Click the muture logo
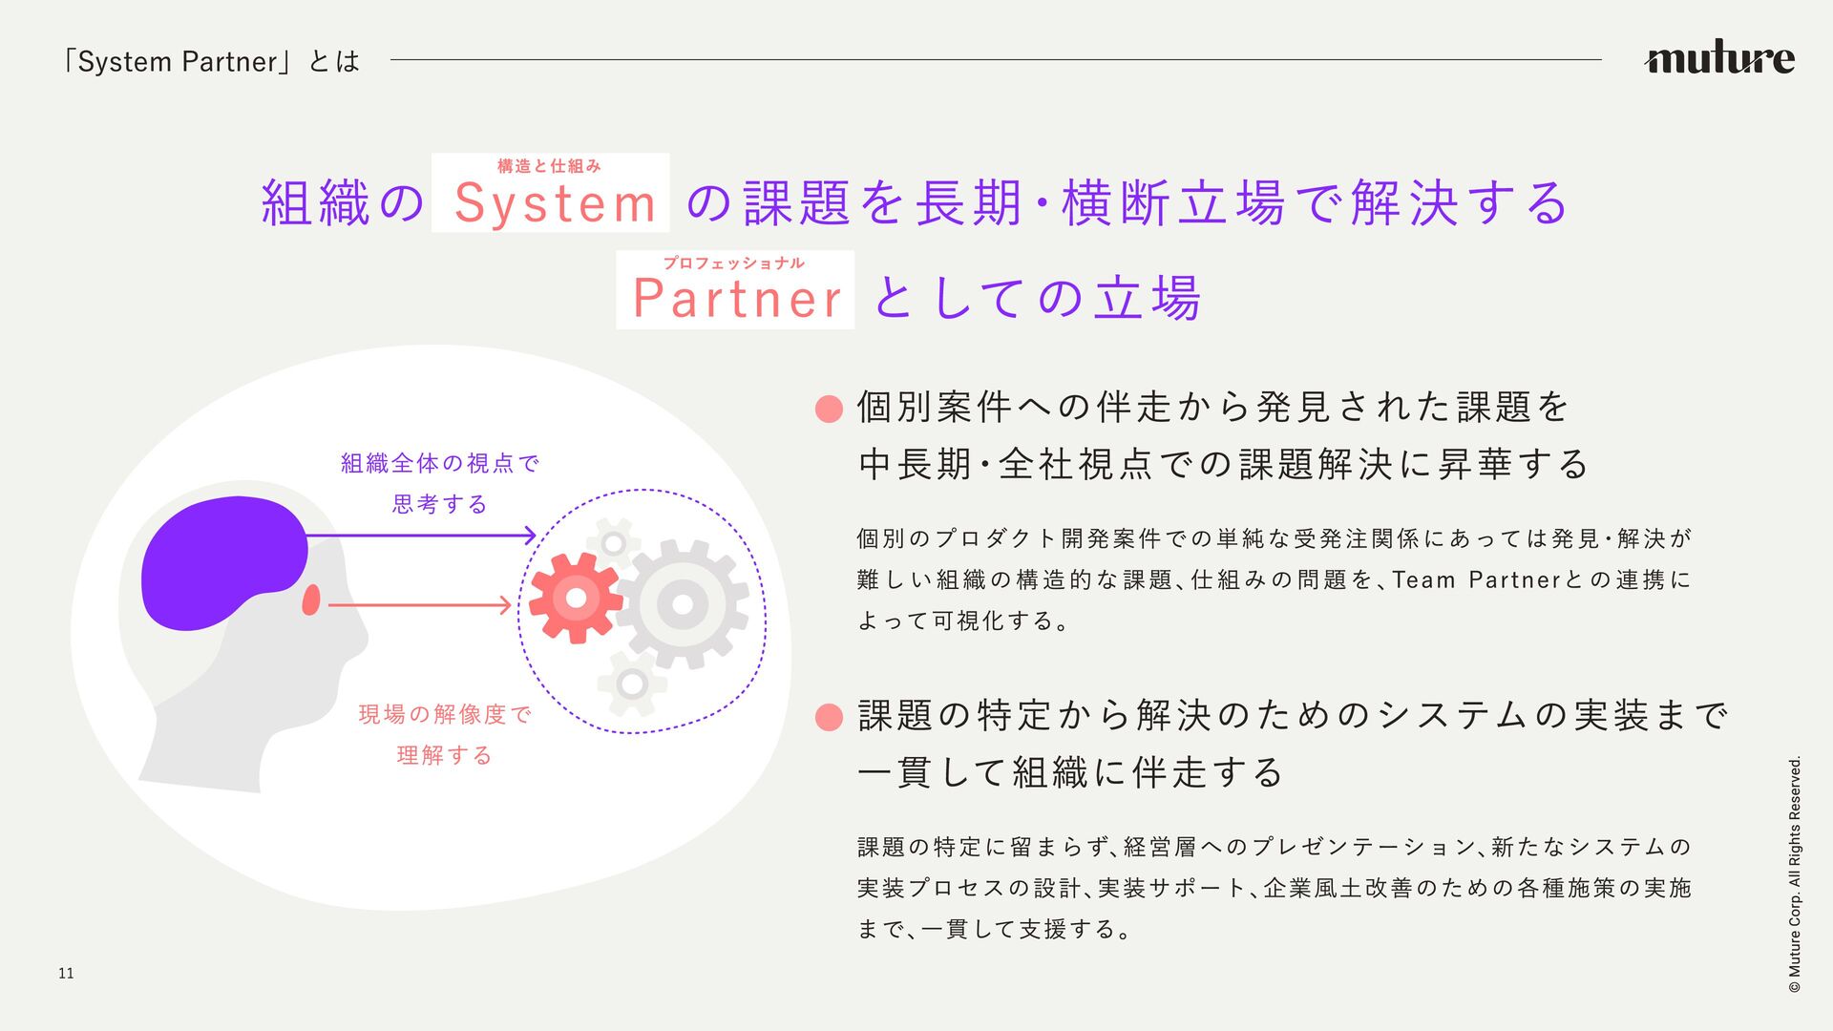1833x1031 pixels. (1718, 58)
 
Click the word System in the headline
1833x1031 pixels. (555, 203)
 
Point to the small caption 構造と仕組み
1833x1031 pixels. (549, 166)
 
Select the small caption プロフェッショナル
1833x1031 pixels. (733, 263)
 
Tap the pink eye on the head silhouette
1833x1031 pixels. (310, 600)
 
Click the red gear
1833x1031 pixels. (575, 598)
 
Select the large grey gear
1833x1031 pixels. (682, 603)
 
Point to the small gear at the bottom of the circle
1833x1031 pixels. (631, 684)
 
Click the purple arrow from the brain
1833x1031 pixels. (420, 536)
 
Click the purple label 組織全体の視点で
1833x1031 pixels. (440, 464)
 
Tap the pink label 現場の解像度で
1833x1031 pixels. (445, 714)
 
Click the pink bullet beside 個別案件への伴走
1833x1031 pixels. (829, 410)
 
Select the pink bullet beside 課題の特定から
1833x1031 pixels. (829, 717)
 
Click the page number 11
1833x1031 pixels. (66, 974)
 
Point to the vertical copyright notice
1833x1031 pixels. (1795, 873)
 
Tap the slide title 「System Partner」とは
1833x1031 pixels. (209, 62)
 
